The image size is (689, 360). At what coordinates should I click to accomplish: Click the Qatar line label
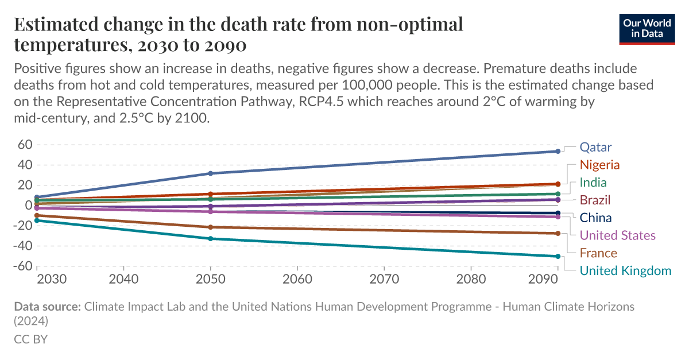pyautogui.click(x=595, y=147)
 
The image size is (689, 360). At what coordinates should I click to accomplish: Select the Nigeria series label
pyautogui.click(x=599, y=165)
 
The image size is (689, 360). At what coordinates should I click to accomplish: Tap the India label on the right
pyautogui.click(x=593, y=183)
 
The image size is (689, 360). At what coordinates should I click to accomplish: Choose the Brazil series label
pyautogui.click(x=595, y=200)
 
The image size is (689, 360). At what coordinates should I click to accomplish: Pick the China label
pyautogui.click(x=595, y=218)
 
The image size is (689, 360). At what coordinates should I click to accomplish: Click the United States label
pyautogui.click(x=617, y=235)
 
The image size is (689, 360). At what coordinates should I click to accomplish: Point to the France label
pyautogui.click(x=598, y=253)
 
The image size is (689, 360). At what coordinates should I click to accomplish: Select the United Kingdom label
pyautogui.click(x=625, y=271)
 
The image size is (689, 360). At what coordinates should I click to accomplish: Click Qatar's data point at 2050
pyautogui.click(x=211, y=173)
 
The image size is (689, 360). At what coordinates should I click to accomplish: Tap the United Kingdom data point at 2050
pyautogui.click(x=211, y=238)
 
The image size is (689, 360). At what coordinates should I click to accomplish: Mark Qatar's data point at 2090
pyautogui.click(x=558, y=152)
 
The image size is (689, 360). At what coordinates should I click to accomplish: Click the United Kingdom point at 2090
pyautogui.click(x=558, y=256)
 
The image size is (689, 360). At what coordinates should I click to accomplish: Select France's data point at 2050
pyautogui.click(x=211, y=227)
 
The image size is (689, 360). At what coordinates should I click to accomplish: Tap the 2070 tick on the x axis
pyautogui.click(x=384, y=279)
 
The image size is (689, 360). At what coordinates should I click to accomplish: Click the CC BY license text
pyautogui.click(x=30, y=339)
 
